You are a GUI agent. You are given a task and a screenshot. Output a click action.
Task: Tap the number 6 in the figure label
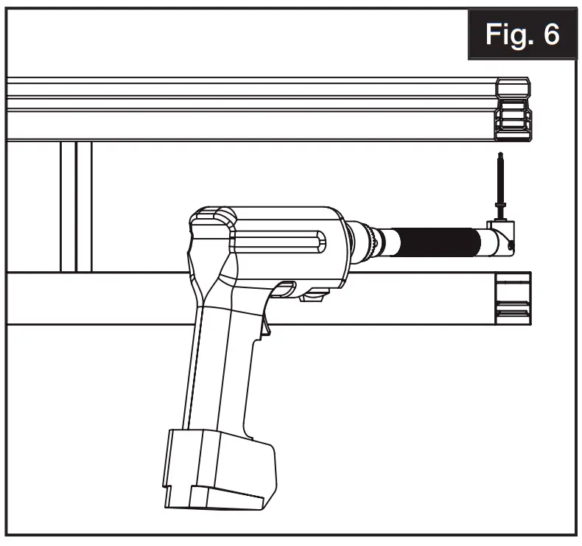[550, 35]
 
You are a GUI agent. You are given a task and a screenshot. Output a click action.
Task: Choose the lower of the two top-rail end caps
[513, 122]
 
